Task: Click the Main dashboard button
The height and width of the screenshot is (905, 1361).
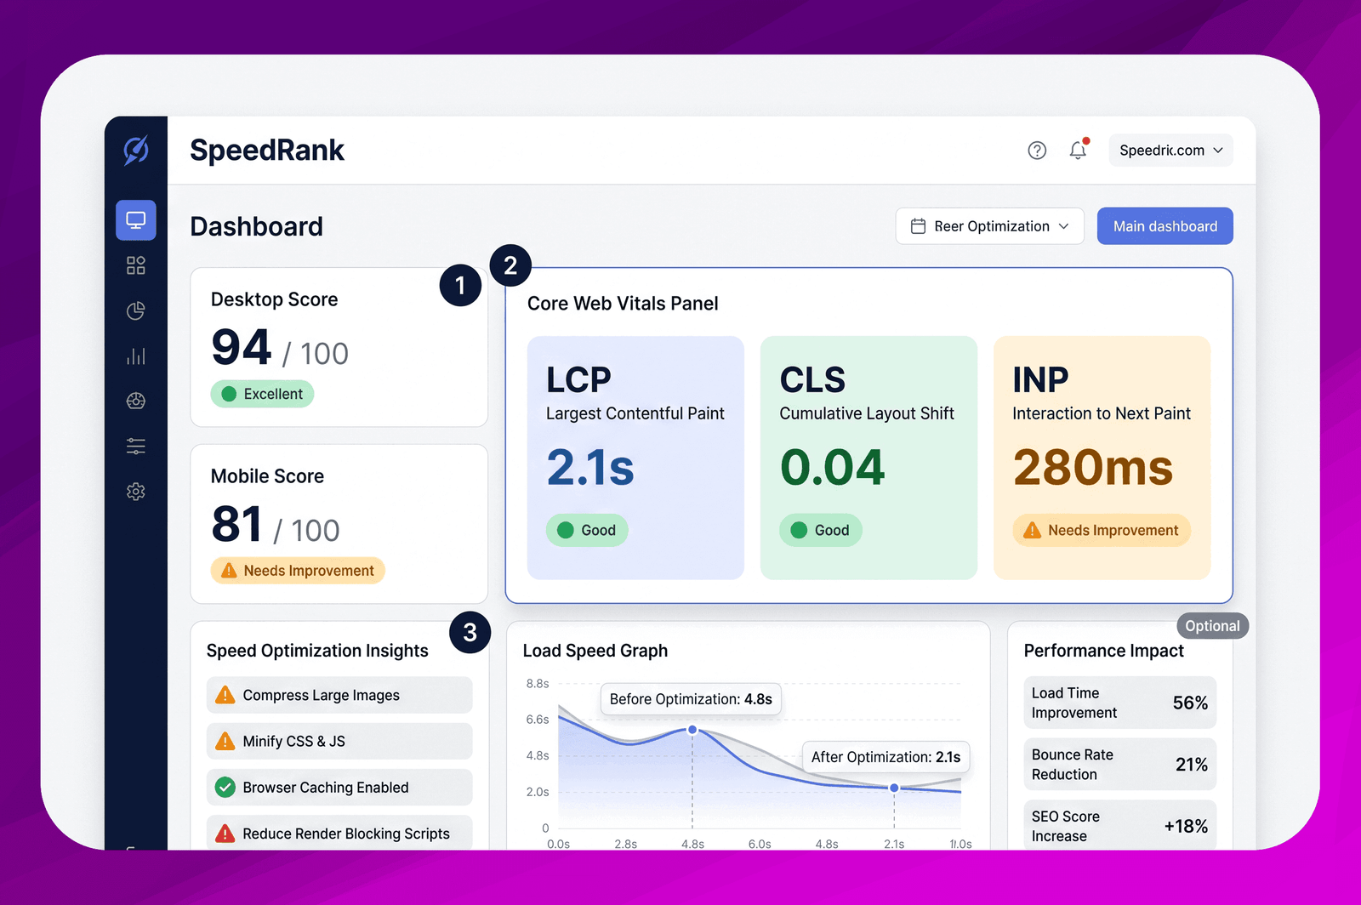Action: coord(1165,226)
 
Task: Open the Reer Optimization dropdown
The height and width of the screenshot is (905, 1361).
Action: coord(990,226)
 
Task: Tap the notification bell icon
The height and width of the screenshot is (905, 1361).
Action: coord(1078,150)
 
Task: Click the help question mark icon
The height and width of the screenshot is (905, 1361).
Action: coord(1037,150)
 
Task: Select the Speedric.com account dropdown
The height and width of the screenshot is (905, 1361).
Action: coord(1170,150)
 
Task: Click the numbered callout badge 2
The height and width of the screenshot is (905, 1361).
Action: coord(510,265)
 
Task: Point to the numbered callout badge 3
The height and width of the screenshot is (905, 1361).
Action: coord(470,632)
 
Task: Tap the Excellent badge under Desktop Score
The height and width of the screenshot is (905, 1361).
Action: coord(263,394)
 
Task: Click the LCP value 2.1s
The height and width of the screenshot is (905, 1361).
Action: coord(590,466)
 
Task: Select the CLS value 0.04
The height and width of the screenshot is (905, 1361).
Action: coord(833,466)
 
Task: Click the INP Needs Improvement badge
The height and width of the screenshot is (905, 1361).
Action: coord(1102,530)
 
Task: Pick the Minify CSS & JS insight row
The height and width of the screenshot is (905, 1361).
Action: coord(339,741)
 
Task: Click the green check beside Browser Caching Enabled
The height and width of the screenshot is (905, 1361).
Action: coord(225,787)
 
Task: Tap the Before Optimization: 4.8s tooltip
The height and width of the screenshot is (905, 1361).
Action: coord(691,699)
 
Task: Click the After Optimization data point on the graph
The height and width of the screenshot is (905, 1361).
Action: coord(894,788)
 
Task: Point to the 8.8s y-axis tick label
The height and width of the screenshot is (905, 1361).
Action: coord(537,683)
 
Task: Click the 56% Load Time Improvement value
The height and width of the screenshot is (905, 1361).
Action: coord(1190,703)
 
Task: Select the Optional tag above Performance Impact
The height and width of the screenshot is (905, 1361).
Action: coord(1212,626)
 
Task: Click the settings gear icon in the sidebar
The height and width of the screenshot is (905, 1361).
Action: coord(136,492)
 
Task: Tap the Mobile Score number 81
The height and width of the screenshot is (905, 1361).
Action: coord(236,524)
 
